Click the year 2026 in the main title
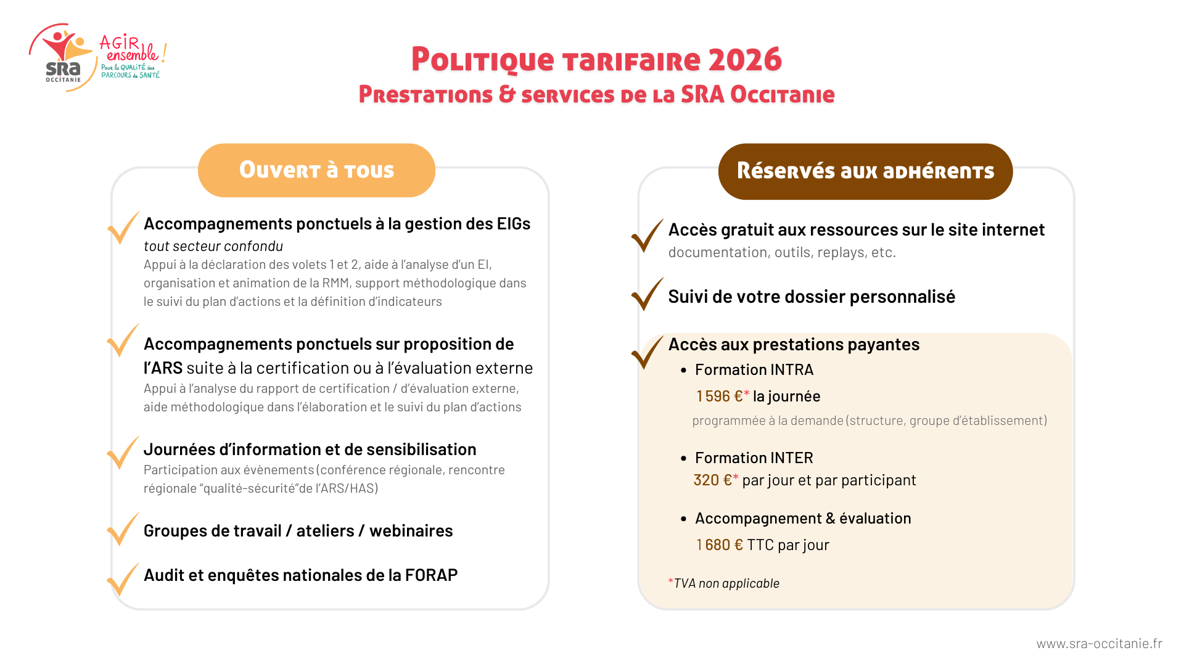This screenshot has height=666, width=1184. pyautogui.click(x=745, y=60)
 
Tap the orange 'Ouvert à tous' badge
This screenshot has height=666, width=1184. pyautogui.click(x=316, y=170)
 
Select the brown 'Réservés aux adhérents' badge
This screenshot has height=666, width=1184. pyautogui.click(x=865, y=171)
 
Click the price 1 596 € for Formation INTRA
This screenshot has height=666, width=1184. pyautogui.click(x=720, y=396)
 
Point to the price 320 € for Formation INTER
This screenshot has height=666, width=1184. pyautogui.click(x=713, y=480)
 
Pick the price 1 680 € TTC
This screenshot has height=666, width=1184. pyautogui.click(x=720, y=545)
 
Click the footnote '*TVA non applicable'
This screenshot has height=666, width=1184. pyautogui.click(x=724, y=583)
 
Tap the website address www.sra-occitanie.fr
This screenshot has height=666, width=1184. pyautogui.click(x=1099, y=644)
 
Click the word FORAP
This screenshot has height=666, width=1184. pyautogui.click(x=431, y=575)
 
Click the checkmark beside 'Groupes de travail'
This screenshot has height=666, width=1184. pyautogui.click(x=123, y=530)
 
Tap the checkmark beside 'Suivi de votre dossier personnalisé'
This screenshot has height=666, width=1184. pyautogui.click(x=647, y=295)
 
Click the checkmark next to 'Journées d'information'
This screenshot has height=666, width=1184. pyautogui.click(x=123, y=453)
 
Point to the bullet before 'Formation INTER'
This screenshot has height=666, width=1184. pyautogui.click(x=683, y=458)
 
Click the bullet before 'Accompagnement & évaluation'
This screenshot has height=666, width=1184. pyautogui.click(x=683, y=519)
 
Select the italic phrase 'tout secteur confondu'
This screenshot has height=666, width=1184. pyautogui.click(x=213, y=246)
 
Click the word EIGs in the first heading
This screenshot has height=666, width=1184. pyautogui.click(x=514, y=224)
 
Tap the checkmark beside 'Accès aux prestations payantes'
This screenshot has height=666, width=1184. pyautogui.click(x=647, y=352)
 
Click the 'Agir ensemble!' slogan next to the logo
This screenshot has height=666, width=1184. pyautogui.click(x=131, y=49)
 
